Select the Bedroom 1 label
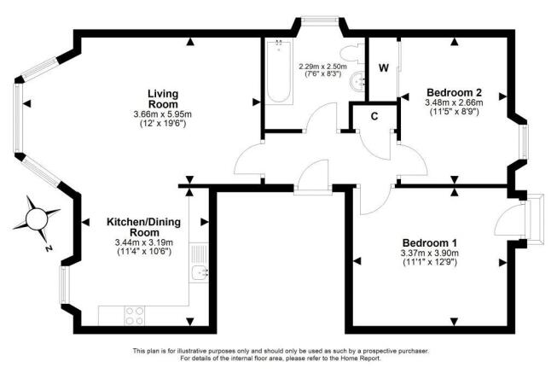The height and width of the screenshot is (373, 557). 429,242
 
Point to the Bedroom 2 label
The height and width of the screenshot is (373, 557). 455,91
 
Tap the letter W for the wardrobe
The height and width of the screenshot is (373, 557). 384,67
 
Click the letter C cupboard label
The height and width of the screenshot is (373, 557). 374,117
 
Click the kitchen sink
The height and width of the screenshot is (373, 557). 197,271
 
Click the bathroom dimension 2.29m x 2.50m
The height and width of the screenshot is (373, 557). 320,66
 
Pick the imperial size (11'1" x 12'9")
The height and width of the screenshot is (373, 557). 429,263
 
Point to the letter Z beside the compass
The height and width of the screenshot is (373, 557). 49,248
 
